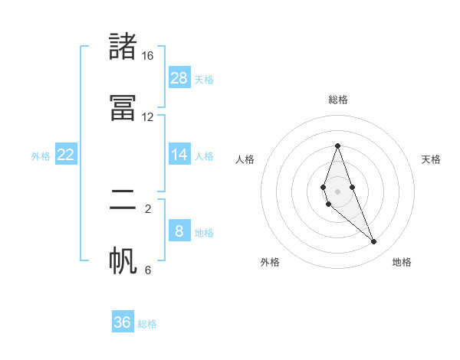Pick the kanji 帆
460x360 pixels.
123,260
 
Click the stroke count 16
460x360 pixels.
147,56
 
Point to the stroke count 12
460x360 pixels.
147,117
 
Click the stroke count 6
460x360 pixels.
148,270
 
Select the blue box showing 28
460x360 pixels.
179,77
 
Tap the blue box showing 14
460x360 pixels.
179,154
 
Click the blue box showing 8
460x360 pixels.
179,231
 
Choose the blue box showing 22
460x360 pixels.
66,155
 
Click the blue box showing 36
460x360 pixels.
123,322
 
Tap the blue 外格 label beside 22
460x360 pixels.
41,156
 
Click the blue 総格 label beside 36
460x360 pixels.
147,324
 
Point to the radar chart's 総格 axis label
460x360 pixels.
337,100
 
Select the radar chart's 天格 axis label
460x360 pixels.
432,159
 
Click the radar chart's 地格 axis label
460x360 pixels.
402,262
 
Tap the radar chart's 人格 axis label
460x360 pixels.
245,159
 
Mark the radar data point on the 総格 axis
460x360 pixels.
337,146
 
